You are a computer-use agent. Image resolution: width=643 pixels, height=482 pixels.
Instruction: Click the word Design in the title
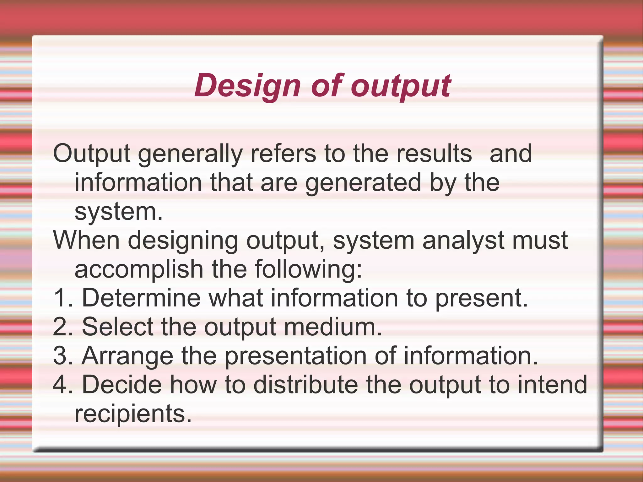pyautogui.click(x=247, y=85)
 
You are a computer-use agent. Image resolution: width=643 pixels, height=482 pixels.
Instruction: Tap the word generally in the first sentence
pyautogui.click(x=190, y=154)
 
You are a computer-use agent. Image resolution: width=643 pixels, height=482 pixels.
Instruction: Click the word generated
pyautogui.click(x=363, y=183)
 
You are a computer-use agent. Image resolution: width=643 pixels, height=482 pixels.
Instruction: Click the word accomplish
pyautogui.click(x=139, y=269)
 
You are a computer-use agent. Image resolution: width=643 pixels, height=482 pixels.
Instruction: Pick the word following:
pyautogui.click(x=308, y=269)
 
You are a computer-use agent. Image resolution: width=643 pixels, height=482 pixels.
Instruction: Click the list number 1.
pyautogui.click(x=62, y=298)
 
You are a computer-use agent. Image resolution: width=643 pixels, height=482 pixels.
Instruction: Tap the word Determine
pyautogui.click(x=141, y=298)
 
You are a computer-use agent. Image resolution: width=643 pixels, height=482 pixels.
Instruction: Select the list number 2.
pyautogui.click(x=62, y=327)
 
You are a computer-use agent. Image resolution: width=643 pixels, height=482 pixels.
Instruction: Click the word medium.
pyautogui.click(x=333, y=327)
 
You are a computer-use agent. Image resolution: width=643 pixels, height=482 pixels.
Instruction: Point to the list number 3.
pyautogui.click(x=62, y=356)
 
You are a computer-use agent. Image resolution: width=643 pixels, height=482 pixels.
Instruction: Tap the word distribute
pyautogui.click(x=305, y=385)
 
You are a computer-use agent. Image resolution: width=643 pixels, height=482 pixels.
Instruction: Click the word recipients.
pyautogui.click(x=133, y=414)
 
